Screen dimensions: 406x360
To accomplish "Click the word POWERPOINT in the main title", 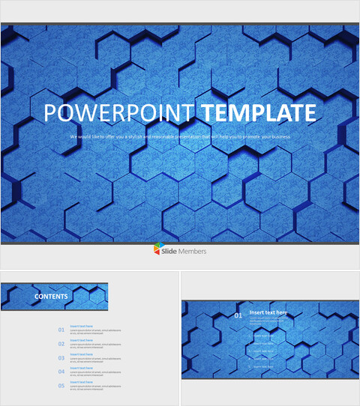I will [x=120, y=112].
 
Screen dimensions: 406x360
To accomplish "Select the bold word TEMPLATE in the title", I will [x=257, y=112].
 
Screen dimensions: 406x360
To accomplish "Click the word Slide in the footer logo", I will [x=171, y=251].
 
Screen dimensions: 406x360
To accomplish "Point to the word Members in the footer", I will [x=193, y=251].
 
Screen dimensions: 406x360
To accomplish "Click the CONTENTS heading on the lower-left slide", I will [x=51, y=297].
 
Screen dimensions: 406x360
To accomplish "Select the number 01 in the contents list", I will [x=61, y=329].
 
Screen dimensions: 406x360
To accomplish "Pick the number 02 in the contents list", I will [x=61, y=343].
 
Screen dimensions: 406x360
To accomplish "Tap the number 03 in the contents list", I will [x=61, y=357].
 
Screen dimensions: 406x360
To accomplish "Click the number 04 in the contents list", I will [x=61, y=371].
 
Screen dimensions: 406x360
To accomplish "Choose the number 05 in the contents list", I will [x=61, y=385].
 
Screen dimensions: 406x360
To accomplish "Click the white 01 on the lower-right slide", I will [x=238, y=315].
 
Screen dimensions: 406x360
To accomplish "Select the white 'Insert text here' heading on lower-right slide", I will [x=268, y=312].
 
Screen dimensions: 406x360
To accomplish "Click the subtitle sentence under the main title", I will [x=180, y=137].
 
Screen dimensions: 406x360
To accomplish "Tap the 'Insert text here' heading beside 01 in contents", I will [x=81, y=326].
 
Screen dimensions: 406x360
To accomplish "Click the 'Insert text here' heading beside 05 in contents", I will [x=81, y=382].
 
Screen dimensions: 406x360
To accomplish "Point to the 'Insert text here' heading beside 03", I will [x=81, y=354].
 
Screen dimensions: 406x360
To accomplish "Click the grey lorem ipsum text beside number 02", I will [x=95, y=345].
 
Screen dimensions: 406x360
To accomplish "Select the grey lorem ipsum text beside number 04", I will [x=95, y=373].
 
